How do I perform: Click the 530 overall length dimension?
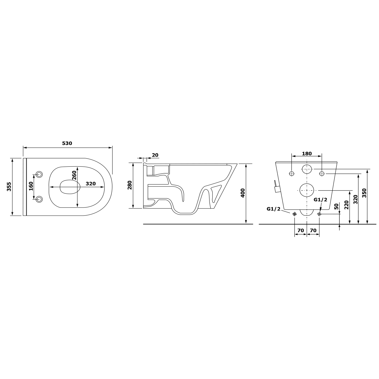click(67, 144)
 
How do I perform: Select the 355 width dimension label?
click(9, 187)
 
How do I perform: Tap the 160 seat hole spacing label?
click(31, 186)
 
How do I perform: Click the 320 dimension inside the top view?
click(90, 184)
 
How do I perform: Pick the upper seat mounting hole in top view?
click(39, 174)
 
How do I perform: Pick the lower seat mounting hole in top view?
click(39, 199)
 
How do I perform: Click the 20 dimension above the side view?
click(155, 155)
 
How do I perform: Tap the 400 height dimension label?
click(243, 193)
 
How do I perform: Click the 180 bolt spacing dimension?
click(307, 154)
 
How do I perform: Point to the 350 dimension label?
click(364, 193)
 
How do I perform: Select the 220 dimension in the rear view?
click(346, 205)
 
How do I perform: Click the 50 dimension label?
click(336, 206)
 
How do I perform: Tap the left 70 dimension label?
click(300, 230)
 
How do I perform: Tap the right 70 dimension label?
click(313, 230)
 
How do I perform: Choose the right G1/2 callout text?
click(320, 200)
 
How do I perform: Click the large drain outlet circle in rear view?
click(306, 190)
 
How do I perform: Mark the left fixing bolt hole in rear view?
click(292, 173)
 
